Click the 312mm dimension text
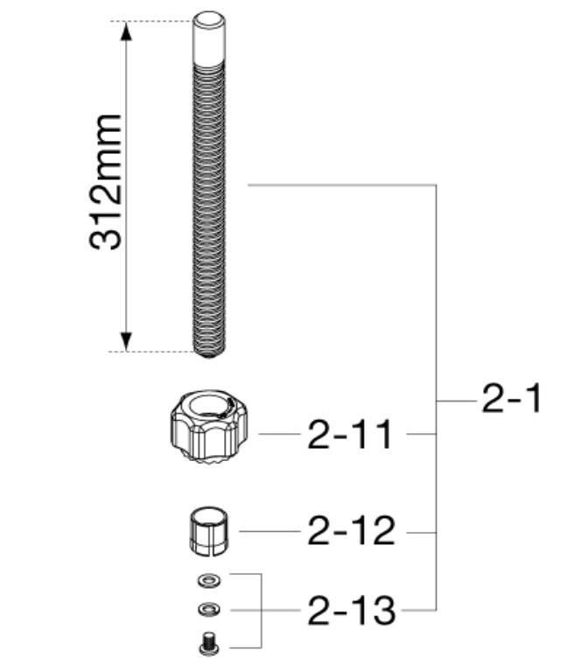[x=105, y=182]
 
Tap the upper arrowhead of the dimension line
[x=125, y=31]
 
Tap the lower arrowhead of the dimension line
[x=125, y=341]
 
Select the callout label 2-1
[x=511, y=398]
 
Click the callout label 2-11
[x=350, y=434]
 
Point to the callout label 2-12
[x=351, y=531]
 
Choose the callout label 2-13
[x=352, y=611]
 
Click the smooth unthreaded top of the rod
[x=209, y=38]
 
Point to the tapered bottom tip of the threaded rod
[x=209, y=353]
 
